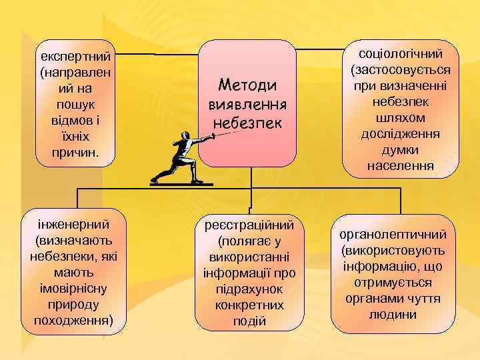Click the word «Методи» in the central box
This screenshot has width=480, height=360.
[x=248, y=87]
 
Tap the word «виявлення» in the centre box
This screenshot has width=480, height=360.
[x=248, y=105]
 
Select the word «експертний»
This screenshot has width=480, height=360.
[x=75, y=53]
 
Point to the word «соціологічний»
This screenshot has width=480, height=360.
[x=401, y=54]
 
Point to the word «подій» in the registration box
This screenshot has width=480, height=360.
[x=249, y=321]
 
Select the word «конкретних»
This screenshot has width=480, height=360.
[x=249, y=305]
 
